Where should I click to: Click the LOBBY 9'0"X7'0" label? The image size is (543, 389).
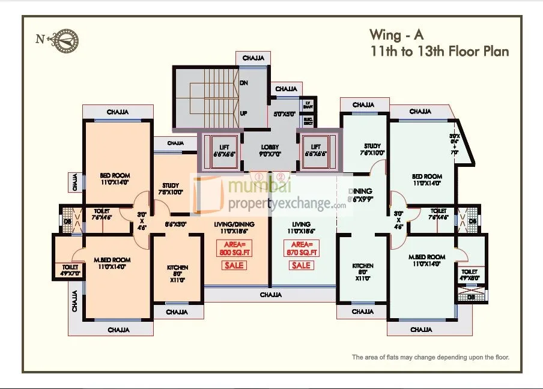coord(270,150)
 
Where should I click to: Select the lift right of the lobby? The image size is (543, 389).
coord(316,151)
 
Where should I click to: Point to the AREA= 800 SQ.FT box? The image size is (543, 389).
coord(234,249)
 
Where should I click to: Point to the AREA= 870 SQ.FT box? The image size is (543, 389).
coord(303,249)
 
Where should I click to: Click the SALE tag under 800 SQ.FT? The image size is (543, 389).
coord(234,265)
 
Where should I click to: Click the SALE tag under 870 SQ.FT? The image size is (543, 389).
coord(303,265)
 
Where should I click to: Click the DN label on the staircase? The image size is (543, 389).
coord(244,83)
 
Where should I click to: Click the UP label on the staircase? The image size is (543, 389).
coord(244,113)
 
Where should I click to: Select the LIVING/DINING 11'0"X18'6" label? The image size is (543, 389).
coord(234,227)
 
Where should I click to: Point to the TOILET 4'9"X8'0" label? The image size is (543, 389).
coord(470,274)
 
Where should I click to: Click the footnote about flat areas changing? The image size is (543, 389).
coord(430,357)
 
